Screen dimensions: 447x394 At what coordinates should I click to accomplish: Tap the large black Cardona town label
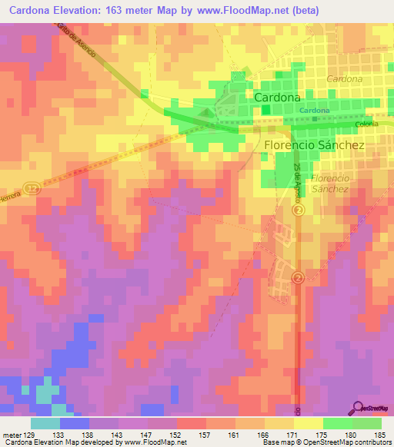[277, 98]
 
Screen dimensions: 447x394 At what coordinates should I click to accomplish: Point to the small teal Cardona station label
[315, 111]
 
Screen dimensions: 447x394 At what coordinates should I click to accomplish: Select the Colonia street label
[367, 124]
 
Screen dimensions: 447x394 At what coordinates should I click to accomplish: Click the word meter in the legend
[11, 434]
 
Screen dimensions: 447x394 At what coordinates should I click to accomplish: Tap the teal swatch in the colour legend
[45, 423]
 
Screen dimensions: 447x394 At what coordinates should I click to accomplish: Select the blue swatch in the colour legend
[75, 423]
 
